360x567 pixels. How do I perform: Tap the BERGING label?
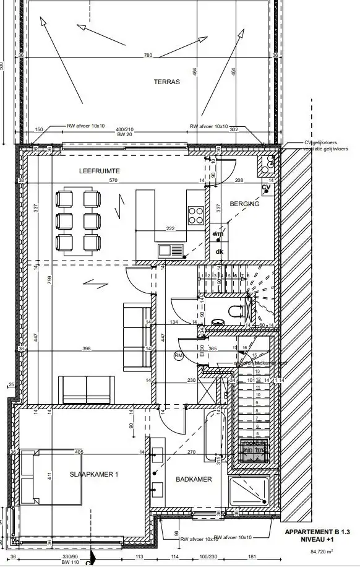pos(244,204)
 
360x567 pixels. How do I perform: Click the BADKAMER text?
pos(194,479)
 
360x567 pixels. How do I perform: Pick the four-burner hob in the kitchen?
pos(196,214)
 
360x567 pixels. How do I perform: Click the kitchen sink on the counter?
pos(171,251)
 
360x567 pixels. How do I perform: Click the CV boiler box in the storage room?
pos(266,188)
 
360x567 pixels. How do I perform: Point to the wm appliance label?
pos(218,234)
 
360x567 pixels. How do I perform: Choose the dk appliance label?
pos(218,251)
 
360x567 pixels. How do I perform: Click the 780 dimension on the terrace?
pos(148,56)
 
